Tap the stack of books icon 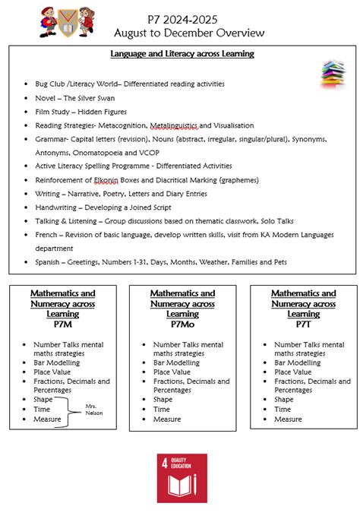click(x=333, y=74)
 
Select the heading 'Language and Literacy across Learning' click(x=182, y=54)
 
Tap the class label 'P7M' click(x=62, y=324)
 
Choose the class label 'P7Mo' click(x=182, y=324)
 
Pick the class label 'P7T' click(x=304, y=324)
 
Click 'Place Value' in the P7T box click(x=293, y=372)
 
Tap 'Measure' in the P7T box click(x=288, y=419)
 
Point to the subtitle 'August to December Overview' click(x=189, y=33)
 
